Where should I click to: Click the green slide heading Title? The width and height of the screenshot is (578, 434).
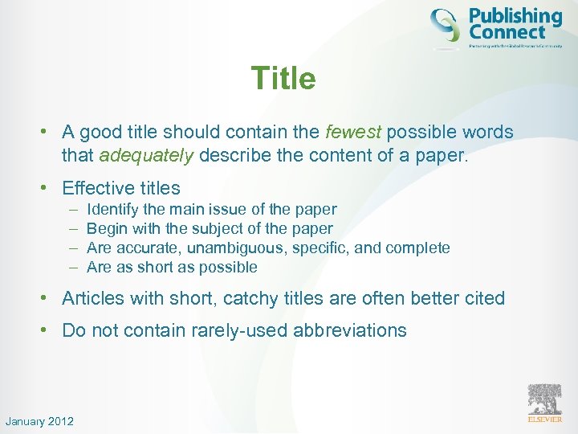tap(283, 79)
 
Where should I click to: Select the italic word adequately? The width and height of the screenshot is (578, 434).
tap(146, 155)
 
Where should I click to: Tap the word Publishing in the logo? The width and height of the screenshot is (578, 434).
tap(515, 16)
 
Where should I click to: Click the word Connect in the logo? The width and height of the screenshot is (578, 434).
tap(507, 33)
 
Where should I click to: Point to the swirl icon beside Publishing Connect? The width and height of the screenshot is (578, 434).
tap(446, 25)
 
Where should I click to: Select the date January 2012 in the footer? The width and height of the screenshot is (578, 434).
tap(39, 421)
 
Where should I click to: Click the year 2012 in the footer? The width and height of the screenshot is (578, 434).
tap(60, 421)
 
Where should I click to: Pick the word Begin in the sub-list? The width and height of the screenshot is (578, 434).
tap(104, 228)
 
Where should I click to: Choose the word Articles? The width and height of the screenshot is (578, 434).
tap(93, 298)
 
